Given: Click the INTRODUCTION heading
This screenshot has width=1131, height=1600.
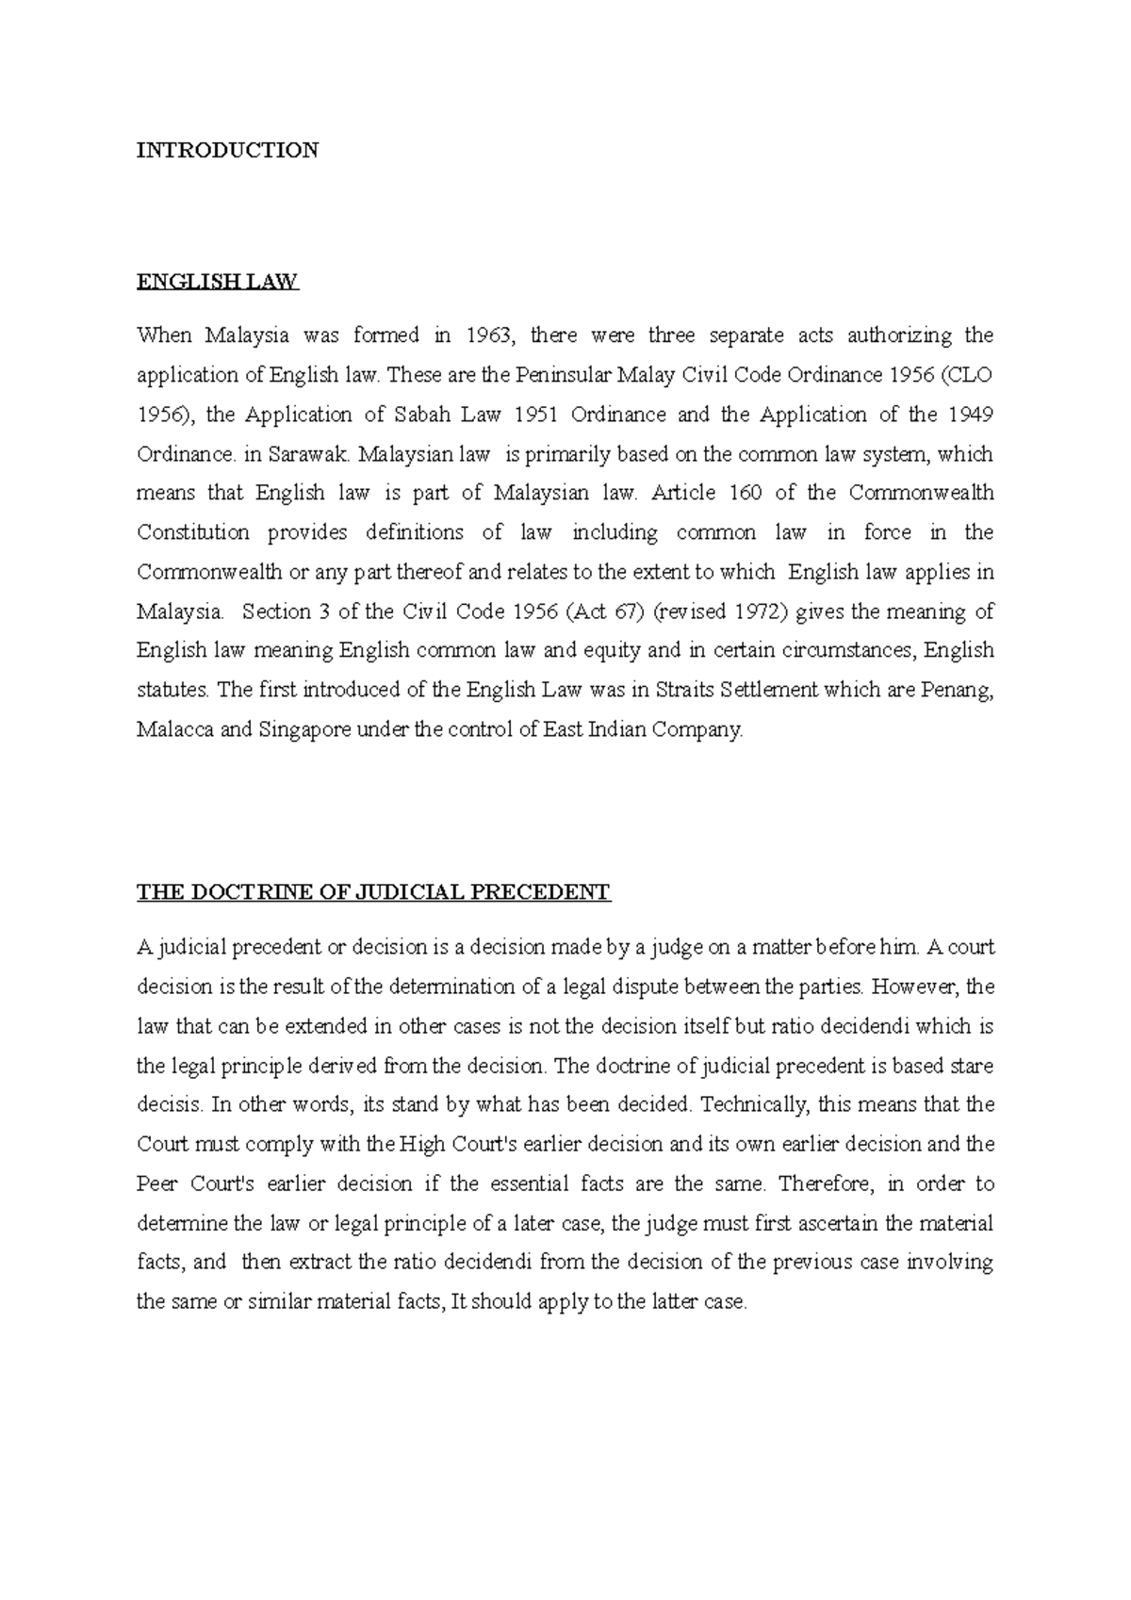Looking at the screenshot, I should tap(227, 150).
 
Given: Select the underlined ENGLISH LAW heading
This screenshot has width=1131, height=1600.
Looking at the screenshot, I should tap(217, 282).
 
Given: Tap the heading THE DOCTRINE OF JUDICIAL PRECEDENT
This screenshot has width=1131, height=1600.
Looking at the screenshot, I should tap(373, 892).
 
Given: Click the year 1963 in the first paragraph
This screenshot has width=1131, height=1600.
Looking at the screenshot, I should tap(493, 335).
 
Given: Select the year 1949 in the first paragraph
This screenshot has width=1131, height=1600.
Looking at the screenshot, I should tap(970, 415).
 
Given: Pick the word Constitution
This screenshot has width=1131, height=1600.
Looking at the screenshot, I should tap(193, 532).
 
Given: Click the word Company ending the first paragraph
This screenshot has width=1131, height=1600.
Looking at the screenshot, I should tap(708, 729).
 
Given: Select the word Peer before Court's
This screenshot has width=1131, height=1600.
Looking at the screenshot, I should tap(156, 1184).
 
